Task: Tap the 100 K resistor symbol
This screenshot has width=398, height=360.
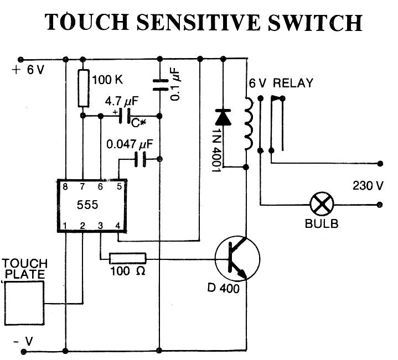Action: pyautogui.click(x=82, y=88)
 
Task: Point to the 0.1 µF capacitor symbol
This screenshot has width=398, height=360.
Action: pyautogui.click(x=159, y=83)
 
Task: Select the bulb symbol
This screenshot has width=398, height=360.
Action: pyautogui.click(x=321, y=205)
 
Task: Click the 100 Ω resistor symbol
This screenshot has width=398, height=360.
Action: pyautogui.click(x=127, y=258)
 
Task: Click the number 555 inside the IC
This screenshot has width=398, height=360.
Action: pyautogui.click(x=88, y=205)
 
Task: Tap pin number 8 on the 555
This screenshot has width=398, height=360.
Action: pyautogui.click(x=65, y=186)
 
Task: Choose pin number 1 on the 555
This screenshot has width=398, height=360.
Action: pyautogui.click(x=65, y=225)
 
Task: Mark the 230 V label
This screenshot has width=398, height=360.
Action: pyautogui.click(x=368, y=185)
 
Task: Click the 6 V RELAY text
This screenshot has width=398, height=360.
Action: pyautogui.click(x=281, y=84)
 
